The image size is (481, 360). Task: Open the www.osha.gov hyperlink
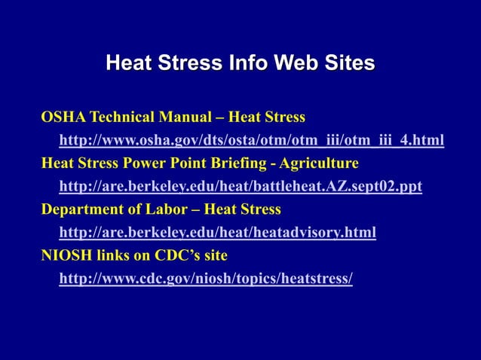tap(251, 140)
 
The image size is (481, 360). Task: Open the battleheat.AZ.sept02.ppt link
tap(240, 186)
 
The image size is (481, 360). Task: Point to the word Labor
tap(167, 209)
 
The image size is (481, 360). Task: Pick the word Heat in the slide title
tap(129, 63)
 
